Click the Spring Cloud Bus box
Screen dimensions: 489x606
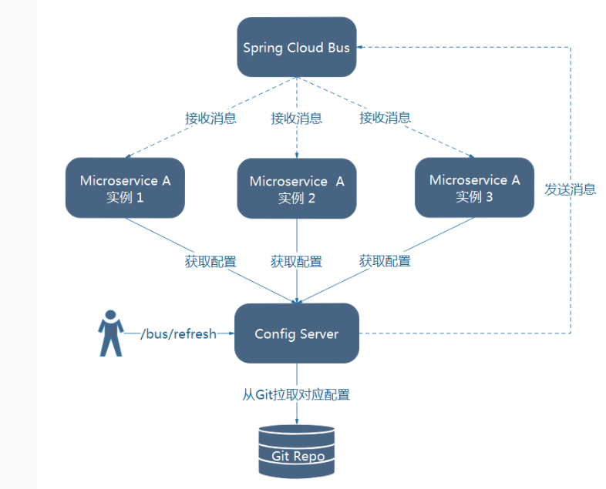tap(297, 47)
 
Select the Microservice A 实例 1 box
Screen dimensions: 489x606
tap(125, 188)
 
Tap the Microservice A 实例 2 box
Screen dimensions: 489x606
tap(297, 189)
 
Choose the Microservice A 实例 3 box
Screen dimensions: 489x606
tap(474, 187)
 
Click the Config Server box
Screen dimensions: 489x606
tap(297, 333)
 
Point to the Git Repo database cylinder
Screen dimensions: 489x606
tap(297, 450)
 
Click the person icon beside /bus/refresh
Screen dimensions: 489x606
tap(110, 333)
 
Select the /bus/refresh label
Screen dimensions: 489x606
tap(178, 334)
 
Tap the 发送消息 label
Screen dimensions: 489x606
tap(571, 189)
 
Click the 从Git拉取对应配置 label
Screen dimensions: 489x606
tap(296, 395)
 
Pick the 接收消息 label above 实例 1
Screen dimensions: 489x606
tap(210, 119)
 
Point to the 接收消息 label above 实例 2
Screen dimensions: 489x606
tap(297, 119)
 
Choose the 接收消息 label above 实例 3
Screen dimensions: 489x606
tap(385, 118)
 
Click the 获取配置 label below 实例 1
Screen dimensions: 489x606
tap(210, 261)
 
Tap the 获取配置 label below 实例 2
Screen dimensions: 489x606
tap(297, 261)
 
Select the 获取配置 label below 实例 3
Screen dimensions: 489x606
tap(385, 260)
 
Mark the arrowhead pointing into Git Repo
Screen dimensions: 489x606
tap(297, 420)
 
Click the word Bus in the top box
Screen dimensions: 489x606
tap(338, 48)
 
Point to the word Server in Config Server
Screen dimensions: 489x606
tap(318, 334)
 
